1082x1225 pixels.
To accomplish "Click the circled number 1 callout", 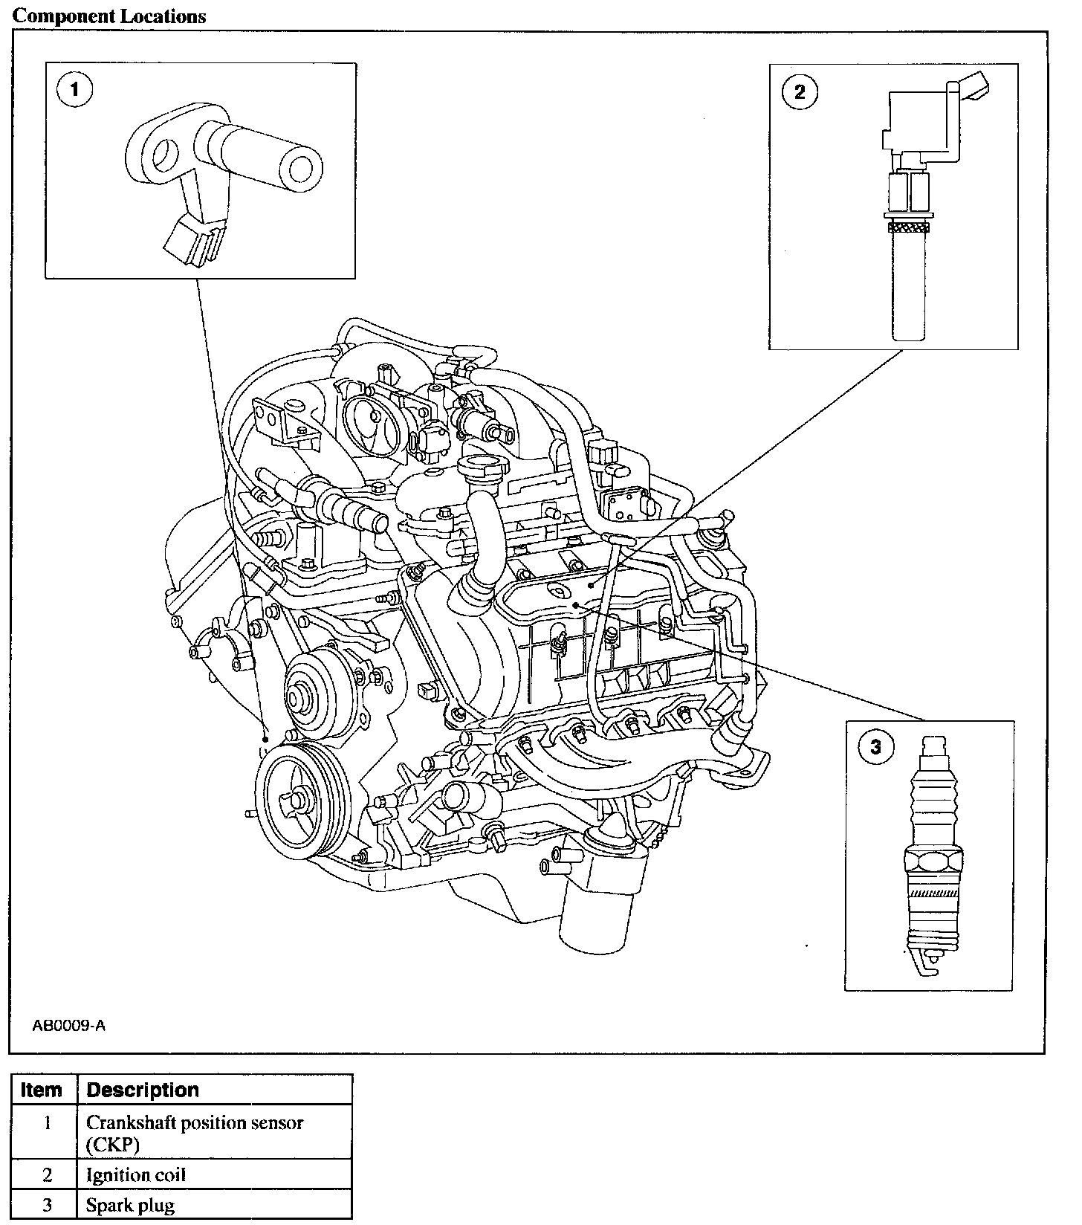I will click(x=74, y=91).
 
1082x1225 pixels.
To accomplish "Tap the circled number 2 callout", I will click(x=800, y=91).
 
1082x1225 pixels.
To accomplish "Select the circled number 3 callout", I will click(x=875, y=746).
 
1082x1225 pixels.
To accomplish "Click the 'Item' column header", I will click(x=42, y=1090).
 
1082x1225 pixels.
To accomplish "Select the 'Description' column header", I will click(x=143, y=1090).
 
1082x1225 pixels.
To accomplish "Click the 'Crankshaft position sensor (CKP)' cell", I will click(x=195, y=1133).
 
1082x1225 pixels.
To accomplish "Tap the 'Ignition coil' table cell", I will click(x=136, y=1175).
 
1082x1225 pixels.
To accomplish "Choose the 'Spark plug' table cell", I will click(x=130, y=1205).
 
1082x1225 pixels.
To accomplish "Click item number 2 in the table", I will click(x=48, y=1175).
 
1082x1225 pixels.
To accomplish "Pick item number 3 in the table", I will click(x=48, y=1205).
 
